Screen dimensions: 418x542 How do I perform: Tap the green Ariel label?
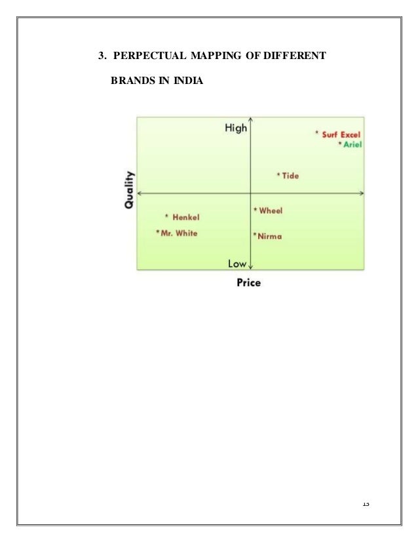[352, 144]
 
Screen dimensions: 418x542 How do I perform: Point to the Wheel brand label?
[270, 211]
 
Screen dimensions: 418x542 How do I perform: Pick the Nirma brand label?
[269, 236]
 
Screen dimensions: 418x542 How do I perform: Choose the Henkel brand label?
[185, 217]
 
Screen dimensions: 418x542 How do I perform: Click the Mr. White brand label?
[178, 232]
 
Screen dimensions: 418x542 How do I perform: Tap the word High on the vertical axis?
[235, 128]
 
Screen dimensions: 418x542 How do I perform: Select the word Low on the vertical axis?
[237, 264]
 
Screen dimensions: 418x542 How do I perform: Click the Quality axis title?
[128, 190]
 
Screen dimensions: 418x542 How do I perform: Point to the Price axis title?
[248, 283]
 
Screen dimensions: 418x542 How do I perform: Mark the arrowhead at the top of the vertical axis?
[252, 121]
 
